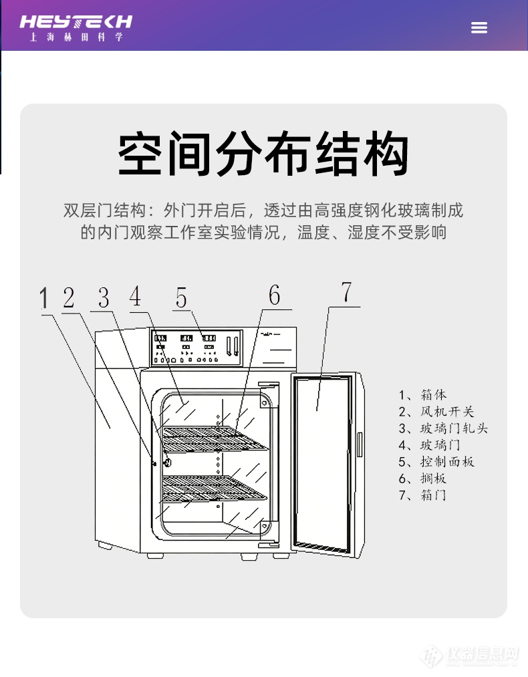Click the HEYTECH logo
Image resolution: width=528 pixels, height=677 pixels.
coord(76,27)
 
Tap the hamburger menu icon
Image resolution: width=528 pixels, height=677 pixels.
coord(479,27)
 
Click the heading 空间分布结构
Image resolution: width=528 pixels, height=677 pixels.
coord(263,155)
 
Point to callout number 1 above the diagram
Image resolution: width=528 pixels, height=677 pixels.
coord(45,298)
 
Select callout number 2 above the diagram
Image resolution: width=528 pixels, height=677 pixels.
coord(69,297)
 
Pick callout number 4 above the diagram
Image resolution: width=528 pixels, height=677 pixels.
coord(136,296)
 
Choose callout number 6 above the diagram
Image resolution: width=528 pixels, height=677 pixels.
coord(275,295)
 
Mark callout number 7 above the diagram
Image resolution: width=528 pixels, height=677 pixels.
coord(346,293)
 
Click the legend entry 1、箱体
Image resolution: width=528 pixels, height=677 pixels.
coord(422,395)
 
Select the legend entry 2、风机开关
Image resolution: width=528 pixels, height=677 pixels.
coord(436,412)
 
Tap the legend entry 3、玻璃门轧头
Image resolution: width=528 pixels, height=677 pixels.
coord(443,428)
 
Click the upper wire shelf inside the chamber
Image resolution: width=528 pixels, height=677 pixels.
coord(214,438)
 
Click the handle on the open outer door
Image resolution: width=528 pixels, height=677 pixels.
coord(359,444)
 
